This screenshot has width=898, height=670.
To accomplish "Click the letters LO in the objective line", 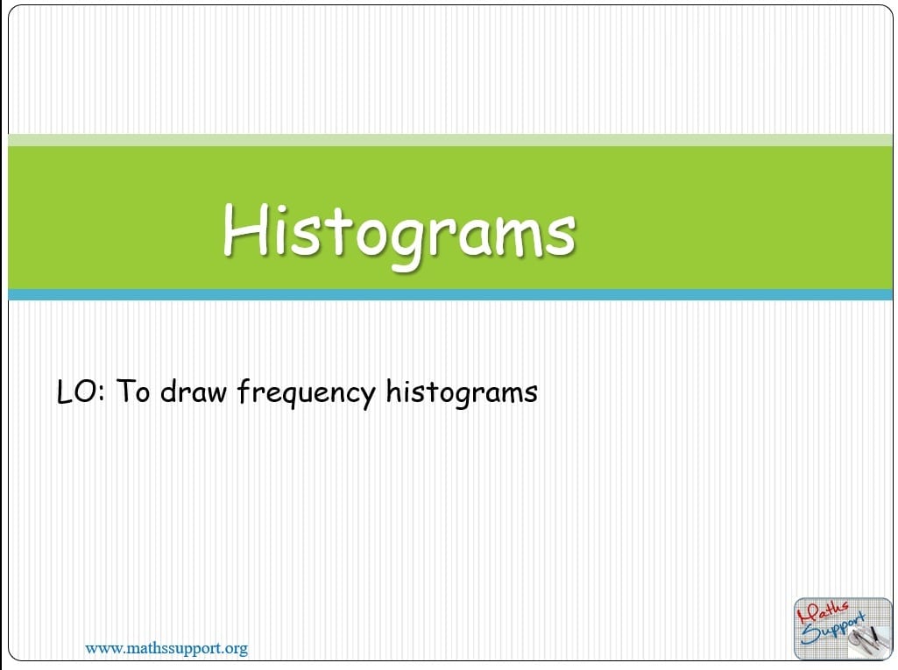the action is tap(75, 391).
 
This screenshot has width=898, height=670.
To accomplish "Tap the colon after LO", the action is tap(102, 394).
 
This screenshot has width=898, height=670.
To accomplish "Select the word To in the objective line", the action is tap(133, 391).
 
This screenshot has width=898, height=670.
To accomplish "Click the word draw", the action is tap(193, 391).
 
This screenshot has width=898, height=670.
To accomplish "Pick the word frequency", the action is tap(306, 393).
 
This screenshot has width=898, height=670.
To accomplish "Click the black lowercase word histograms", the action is tap(462, 393).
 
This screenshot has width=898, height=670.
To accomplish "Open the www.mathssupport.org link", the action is tap(166, 648).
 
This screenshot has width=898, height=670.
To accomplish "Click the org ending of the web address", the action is tap(236, 649).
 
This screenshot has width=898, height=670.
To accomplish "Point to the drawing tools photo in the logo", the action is tap(867, 638).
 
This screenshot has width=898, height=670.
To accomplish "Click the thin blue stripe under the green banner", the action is tap(450, 295).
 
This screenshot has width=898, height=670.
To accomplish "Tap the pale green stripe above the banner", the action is tap(450, 140).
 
